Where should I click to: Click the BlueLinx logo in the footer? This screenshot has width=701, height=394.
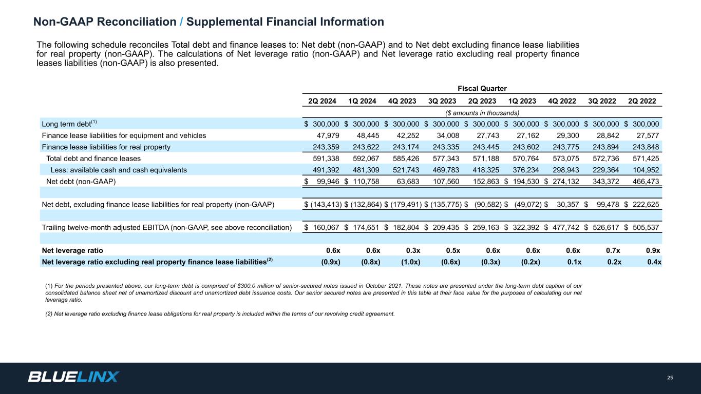point(73,377)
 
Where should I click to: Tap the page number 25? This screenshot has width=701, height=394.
point(670,378)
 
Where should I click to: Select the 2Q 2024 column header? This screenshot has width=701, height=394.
point(322,101)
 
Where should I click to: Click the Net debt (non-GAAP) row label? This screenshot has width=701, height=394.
point(81,181)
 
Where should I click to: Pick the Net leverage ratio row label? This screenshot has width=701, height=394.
point(72,250)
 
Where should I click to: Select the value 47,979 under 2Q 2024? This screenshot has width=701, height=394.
point(328,135)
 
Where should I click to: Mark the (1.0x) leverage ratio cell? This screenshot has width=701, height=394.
point(408,262)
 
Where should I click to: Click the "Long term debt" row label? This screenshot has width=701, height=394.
point(66,124)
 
